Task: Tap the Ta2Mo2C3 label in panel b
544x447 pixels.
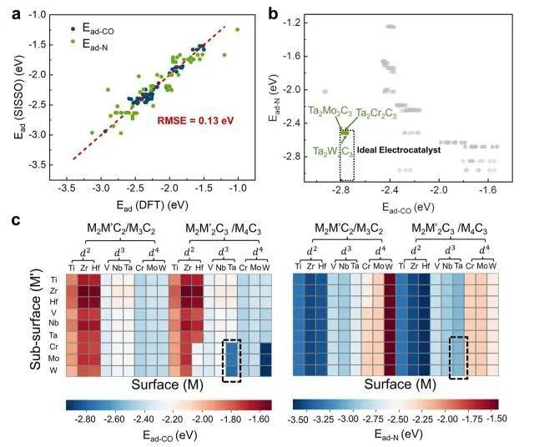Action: point(330,111)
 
